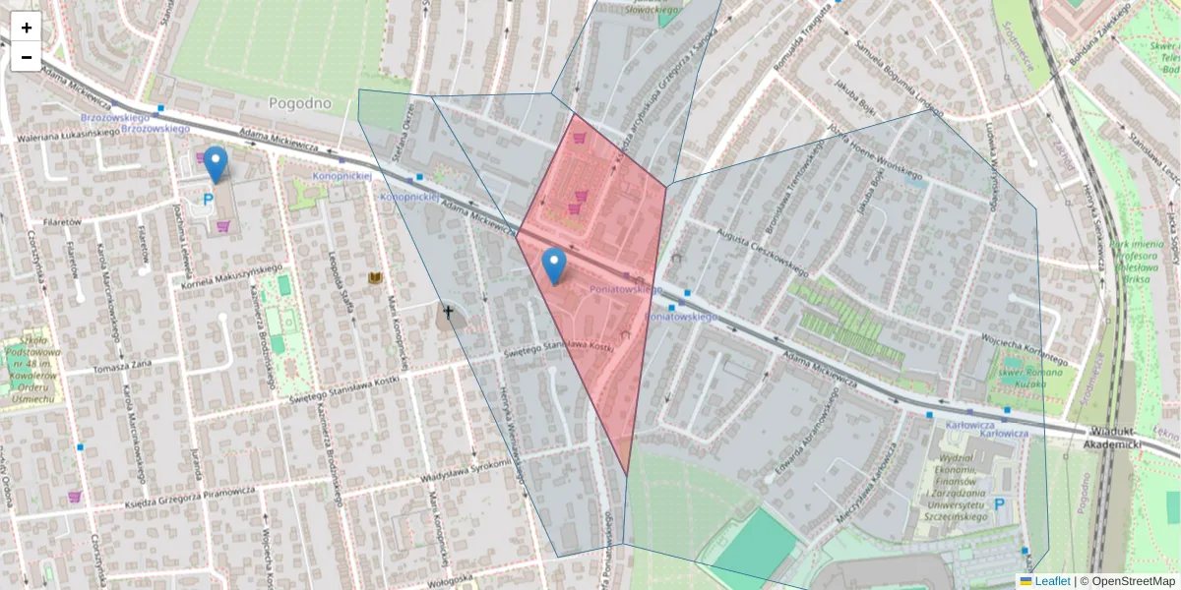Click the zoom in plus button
point(27,28)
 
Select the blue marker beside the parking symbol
point(216,164)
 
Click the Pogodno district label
point(300,103)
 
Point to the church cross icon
point(449,313)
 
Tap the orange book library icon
point(375,278)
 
